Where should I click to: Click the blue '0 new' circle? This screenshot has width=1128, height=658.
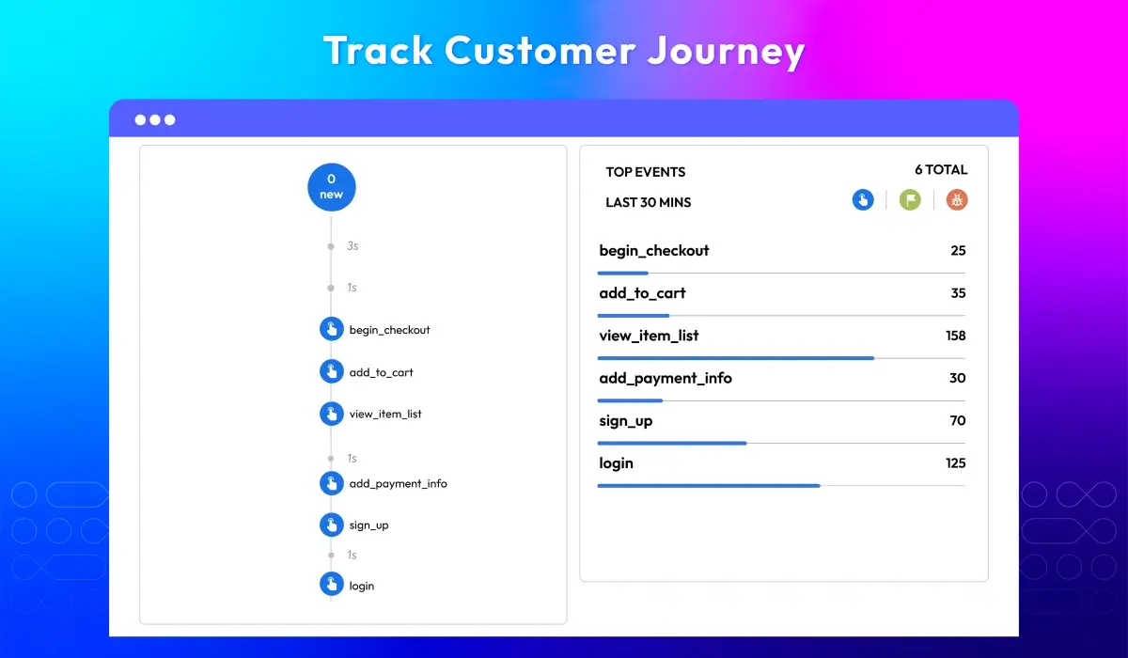click(331, 186)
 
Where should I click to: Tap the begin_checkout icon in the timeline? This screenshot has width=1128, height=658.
click(331, 329)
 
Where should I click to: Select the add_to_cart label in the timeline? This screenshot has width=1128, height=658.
click(381, 372)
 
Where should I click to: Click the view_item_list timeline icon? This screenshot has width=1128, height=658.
click(331, 414)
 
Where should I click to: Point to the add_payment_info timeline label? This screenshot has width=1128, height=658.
click(398, 483)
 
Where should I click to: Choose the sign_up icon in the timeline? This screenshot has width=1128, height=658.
click(331, 525)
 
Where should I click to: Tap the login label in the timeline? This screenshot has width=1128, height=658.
click(361, 586)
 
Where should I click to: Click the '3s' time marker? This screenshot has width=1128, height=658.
click(352, 245)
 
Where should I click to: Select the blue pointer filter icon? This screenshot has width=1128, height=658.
click(863, 199)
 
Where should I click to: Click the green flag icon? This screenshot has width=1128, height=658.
click(910, 199)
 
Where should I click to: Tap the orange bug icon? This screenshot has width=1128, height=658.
click(957, 199)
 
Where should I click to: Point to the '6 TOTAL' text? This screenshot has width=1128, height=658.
click(940, 170)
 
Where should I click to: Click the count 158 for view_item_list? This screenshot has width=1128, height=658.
click(955, 336)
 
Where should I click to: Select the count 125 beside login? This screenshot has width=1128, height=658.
click(955, 462)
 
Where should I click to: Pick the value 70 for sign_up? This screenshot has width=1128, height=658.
click(957, 420)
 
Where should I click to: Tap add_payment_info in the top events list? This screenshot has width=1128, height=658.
click(665, 378)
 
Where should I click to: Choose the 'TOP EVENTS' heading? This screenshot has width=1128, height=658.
click(645, 172)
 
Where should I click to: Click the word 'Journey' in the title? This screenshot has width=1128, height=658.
click(725, 51)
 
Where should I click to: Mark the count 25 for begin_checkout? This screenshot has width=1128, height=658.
click(958, 250)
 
